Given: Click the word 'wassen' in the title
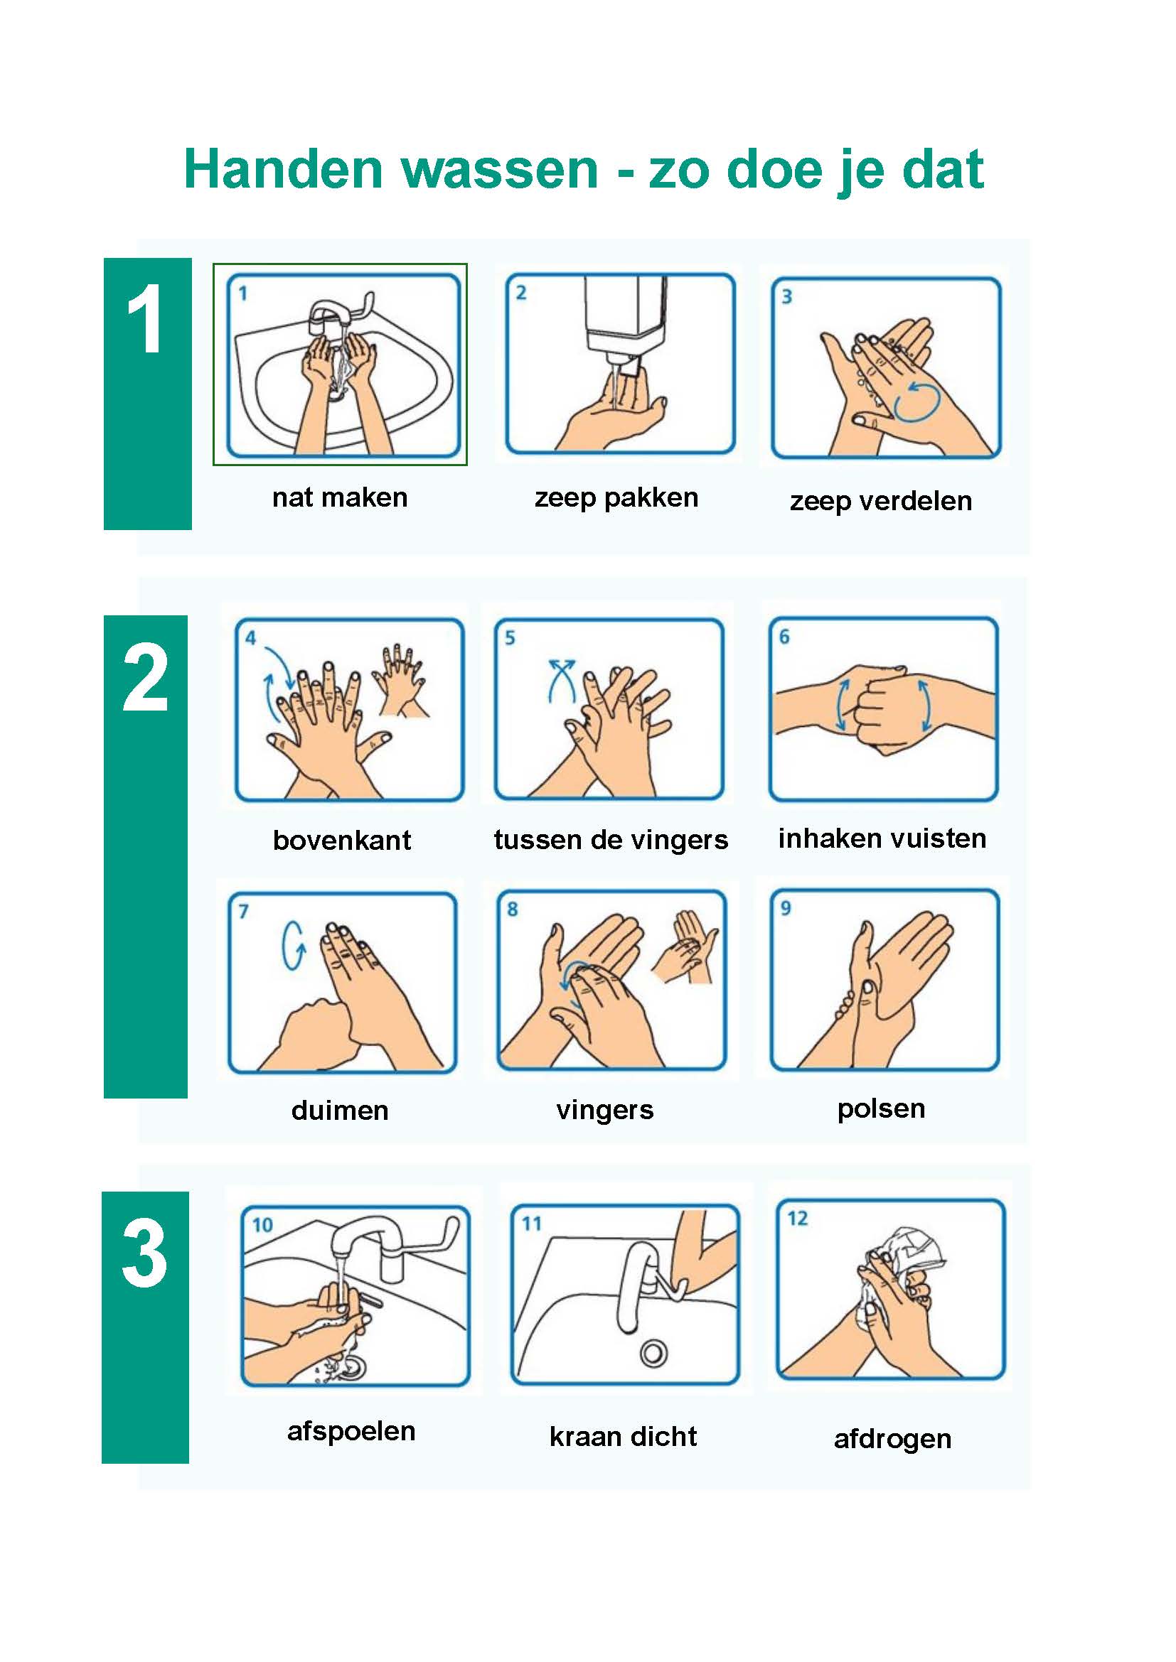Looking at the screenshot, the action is pyautogui.click(x=500, y=170).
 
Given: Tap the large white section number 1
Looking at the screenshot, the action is pyautogui.click(x=145, y=318).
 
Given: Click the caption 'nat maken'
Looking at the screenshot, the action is pyautogui.click(x=340, y=497).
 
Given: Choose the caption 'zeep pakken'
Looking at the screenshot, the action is pyautogui.click(x=616, y=498).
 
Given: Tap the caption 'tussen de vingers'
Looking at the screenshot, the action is pyautogui.click(x=611, y=841).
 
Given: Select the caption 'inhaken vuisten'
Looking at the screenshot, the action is pyautogui.click(x=882, y=838).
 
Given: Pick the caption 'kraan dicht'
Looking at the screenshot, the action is pyautogui.click(x=623, y=1436).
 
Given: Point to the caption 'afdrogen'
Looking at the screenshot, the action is pyautogui.click(x=892, y=1440).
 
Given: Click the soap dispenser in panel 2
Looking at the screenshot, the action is pyautogui.click(x=624, y=322).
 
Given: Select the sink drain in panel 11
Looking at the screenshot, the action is pyautogui.click(x=653, y=1353).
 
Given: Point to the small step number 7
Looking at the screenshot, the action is pyautogui.click(x=243, y=911).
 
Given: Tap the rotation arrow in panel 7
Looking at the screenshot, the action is pyautogui.click(x=293, y=945).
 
